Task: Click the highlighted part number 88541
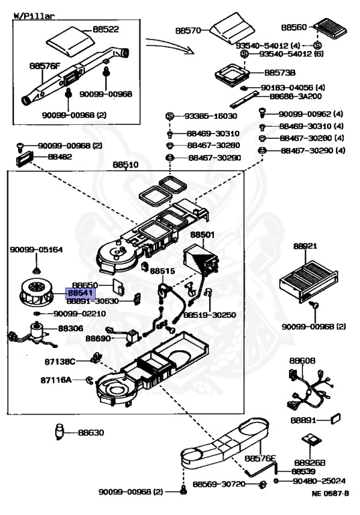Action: click(x=81, y=292)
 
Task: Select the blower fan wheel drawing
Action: click(x=37, y=292)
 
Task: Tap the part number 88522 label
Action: click(x=105, y=30)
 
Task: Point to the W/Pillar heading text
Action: click(x=34, y=15)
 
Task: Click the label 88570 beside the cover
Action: click(x=188, y=31)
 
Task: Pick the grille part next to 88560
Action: click(x=330, y=29)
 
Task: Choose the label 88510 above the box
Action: click(x=125, y=164)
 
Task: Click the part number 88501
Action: click(x=202, y=235)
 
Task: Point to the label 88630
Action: click(x=91, y=433)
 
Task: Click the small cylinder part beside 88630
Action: click(x=59, y=432)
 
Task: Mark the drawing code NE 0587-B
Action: click(x=330, y=493)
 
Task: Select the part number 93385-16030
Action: click(x=211, y=116)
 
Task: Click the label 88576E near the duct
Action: click(x=260, y=458)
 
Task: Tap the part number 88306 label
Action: click(x=70, y=328)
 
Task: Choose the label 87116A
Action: click(x=56, y=380)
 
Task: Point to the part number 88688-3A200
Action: click(x=296, y=97)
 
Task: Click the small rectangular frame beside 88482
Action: click(x=25, y=159)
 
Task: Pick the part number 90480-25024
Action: click(x=319, y=481)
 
